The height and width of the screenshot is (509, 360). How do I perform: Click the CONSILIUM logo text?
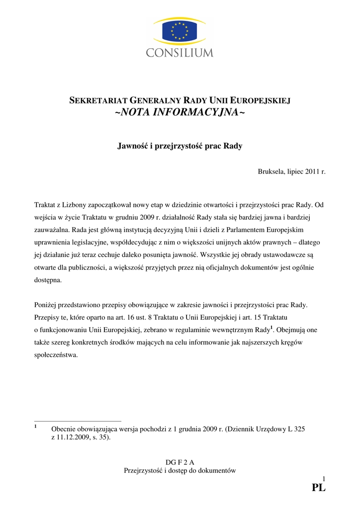coord(180,52)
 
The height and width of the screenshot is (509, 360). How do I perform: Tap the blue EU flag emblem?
coord(180,31)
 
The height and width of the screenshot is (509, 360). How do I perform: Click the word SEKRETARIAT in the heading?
coord(93,101)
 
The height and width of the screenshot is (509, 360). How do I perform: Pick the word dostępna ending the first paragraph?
coord(48,280)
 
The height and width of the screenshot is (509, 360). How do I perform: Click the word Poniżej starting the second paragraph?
coord(47,304)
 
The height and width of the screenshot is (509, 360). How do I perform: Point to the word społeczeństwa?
coord(56,355)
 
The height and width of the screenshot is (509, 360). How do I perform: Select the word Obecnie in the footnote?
coord(63,429)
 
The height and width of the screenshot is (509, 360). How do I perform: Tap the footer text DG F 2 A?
coord(180,462)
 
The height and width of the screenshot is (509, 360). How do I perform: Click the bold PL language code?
coord(318,488)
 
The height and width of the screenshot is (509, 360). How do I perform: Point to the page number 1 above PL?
coord(323,478)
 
